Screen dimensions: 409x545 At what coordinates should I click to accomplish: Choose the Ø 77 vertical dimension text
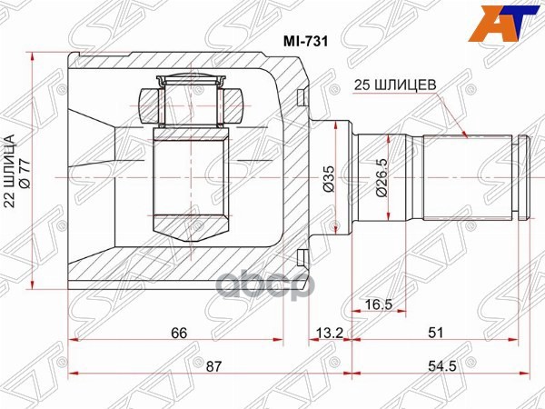tap(37, 173)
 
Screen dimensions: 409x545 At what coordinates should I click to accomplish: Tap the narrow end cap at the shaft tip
tap(521, 177)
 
